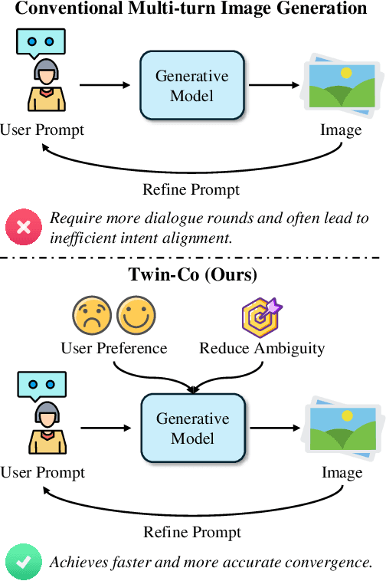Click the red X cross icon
(24, 228)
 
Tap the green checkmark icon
(24, 562)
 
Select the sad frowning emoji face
(91, 316)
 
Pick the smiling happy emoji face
(136, 316)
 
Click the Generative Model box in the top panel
(192, 86)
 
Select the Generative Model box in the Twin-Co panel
(192, 429)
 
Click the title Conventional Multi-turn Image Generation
(191, 9)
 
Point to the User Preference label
(114, 349)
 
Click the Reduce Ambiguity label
(262, 349)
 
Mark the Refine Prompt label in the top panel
(191, 189)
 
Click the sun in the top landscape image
(345, 74)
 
